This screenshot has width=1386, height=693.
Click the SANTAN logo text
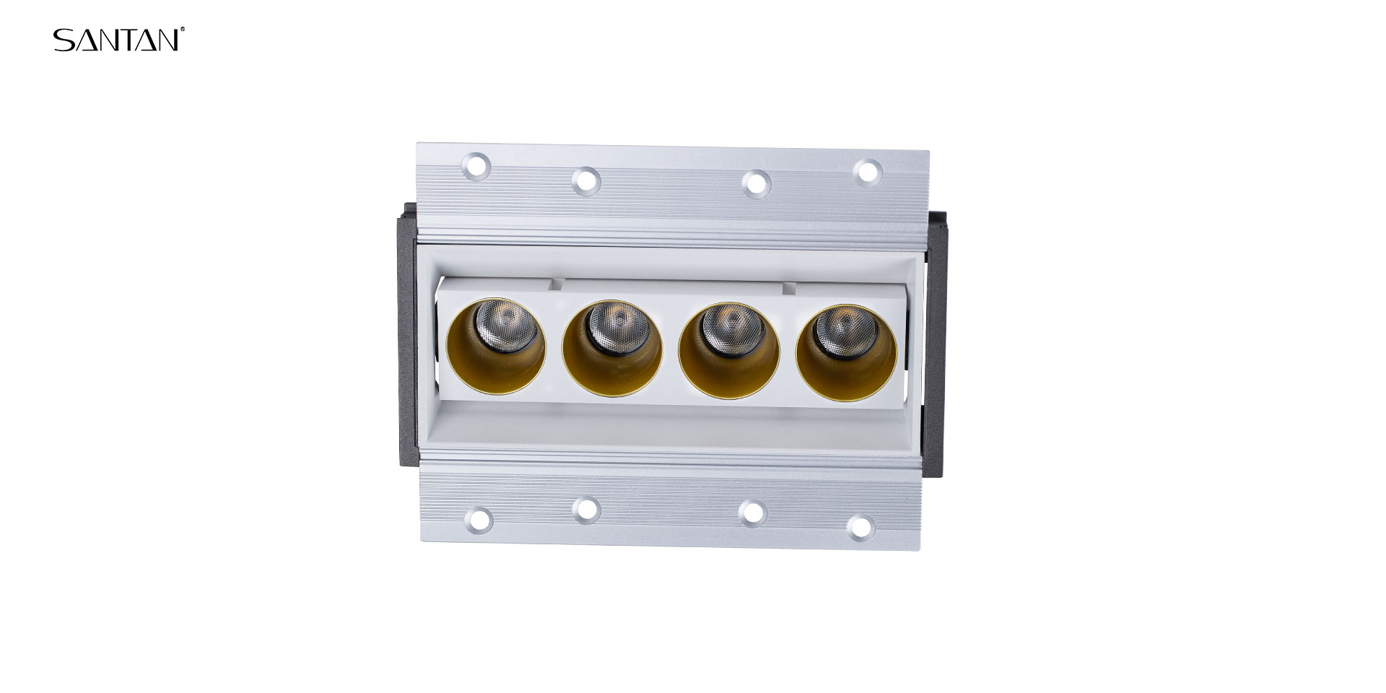click(116, 40)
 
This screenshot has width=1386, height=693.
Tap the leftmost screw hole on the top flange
click(476, 167)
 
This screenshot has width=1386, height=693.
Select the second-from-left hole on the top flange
click(586, 180)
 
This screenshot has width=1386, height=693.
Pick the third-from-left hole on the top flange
click(755, 182)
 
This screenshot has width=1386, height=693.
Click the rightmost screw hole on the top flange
click(867, 171)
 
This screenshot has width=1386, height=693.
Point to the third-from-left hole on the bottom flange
click(753, 512)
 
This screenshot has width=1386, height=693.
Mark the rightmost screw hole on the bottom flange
click(860, 526)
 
